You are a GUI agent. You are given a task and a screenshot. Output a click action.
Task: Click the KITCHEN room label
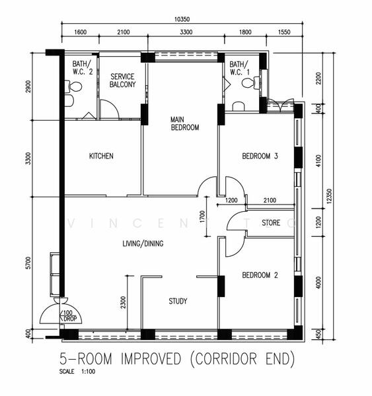101,156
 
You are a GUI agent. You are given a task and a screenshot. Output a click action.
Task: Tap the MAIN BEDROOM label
185,123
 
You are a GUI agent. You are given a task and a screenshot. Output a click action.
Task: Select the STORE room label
271,223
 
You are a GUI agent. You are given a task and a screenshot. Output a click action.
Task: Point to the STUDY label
178,301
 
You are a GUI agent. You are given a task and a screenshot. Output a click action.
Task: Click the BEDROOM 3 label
260,156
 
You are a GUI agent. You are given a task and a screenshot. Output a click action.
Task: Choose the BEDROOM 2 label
260,275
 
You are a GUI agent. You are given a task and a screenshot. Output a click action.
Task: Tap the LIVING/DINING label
143,244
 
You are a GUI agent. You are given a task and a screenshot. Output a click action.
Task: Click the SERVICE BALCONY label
123,81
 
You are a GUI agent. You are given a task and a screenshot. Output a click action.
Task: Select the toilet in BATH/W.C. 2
73,86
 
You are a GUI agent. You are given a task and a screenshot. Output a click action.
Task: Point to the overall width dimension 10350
182,19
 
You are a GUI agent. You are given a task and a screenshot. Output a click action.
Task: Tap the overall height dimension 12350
329,196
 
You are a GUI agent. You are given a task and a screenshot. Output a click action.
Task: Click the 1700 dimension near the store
202,216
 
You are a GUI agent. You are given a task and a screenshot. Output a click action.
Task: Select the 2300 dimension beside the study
123,302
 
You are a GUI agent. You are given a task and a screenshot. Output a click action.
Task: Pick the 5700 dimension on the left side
28,263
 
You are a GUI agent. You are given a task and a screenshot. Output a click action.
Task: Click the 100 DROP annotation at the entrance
69,315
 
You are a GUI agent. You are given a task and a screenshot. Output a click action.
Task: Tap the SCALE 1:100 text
77,372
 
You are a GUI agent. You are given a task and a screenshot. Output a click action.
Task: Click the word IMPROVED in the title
151,358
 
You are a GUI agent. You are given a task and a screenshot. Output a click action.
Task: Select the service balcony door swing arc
113,104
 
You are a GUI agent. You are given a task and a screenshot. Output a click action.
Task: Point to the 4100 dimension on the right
318,160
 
